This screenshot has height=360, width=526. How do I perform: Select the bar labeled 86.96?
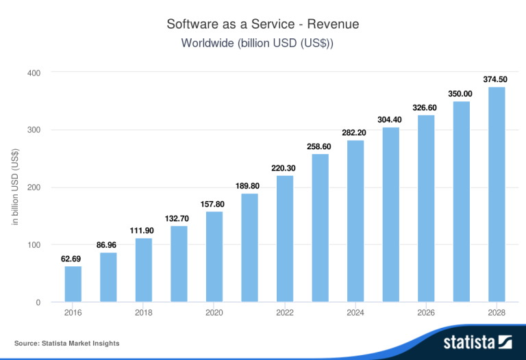coord(108,277)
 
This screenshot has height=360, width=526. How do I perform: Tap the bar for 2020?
coord(214,257)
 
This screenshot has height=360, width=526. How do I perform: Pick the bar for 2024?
coord(355,221)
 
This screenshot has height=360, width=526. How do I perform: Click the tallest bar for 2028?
coord(497,194)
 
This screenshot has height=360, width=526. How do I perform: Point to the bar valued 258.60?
coord(320,228)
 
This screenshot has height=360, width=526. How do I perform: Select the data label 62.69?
coord(73,259)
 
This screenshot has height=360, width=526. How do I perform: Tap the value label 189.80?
coord(249,186)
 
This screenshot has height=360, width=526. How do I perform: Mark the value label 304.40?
coord(390,120)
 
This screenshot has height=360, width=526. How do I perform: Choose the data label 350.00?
coord(461,94)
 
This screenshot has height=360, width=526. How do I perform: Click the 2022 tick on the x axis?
coord(285,313)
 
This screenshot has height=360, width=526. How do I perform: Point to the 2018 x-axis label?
coord(144,313)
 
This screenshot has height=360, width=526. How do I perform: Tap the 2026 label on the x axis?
coord(426,313)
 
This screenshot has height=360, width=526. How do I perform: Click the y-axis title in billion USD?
coord(14,188)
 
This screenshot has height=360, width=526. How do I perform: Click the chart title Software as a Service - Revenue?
coord(263,24)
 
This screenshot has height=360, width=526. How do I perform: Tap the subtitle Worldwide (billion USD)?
coord(263,43)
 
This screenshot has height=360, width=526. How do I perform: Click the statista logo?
coord(478,342)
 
